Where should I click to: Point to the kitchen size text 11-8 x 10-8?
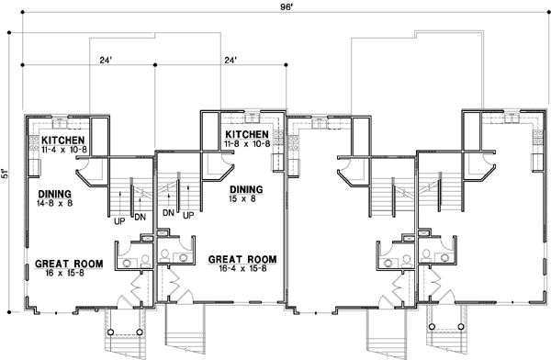(247, 144)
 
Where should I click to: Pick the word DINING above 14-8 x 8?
(57, 195)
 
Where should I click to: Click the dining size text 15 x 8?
(246, 200)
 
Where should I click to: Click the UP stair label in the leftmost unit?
(119, 220)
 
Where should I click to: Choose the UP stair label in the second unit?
(187, 215)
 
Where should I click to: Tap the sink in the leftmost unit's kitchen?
(62, 122)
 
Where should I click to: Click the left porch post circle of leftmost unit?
(110, 332)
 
